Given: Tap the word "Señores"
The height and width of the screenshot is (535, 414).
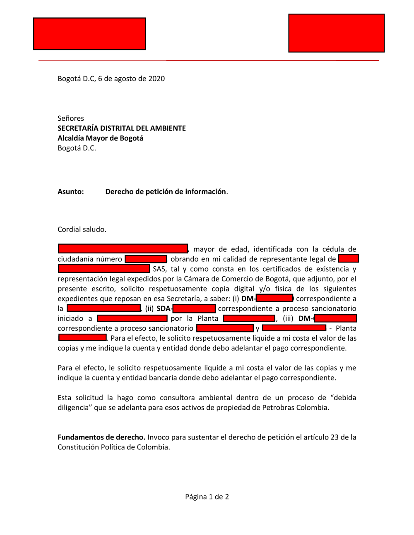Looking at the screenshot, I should point(71,118).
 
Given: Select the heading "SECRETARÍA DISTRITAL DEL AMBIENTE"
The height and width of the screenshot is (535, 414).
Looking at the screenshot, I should point(122,128).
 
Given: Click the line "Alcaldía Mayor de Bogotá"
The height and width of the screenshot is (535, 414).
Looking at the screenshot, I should point(100,138).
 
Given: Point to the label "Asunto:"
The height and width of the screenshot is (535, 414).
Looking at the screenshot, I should point(71,191).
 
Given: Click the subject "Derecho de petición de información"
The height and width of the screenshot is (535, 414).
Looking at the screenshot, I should point(166,191).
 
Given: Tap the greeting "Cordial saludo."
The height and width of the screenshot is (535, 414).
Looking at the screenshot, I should point(82,229).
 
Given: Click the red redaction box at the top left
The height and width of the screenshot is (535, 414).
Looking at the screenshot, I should point(89,34).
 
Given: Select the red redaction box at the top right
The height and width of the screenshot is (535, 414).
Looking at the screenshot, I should point(336,33).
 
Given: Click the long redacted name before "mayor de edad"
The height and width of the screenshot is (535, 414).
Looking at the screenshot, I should point(123,248).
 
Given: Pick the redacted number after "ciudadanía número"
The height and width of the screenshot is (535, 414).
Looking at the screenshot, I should point(146,259).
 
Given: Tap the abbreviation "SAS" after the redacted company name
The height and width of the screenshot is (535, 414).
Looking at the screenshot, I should point(159,269).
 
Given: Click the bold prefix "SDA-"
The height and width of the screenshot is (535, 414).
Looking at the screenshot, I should point(164,308).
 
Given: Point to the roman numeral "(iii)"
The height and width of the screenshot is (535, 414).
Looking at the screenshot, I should point(288,318).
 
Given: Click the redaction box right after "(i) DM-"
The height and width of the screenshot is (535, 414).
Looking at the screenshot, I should point(274,298).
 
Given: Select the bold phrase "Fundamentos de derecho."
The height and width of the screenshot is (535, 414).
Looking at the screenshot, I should point(101,437).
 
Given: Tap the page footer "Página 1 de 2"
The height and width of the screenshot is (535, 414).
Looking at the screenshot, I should point(207,497).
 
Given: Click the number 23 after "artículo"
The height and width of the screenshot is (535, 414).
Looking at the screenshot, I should point(335,437).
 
